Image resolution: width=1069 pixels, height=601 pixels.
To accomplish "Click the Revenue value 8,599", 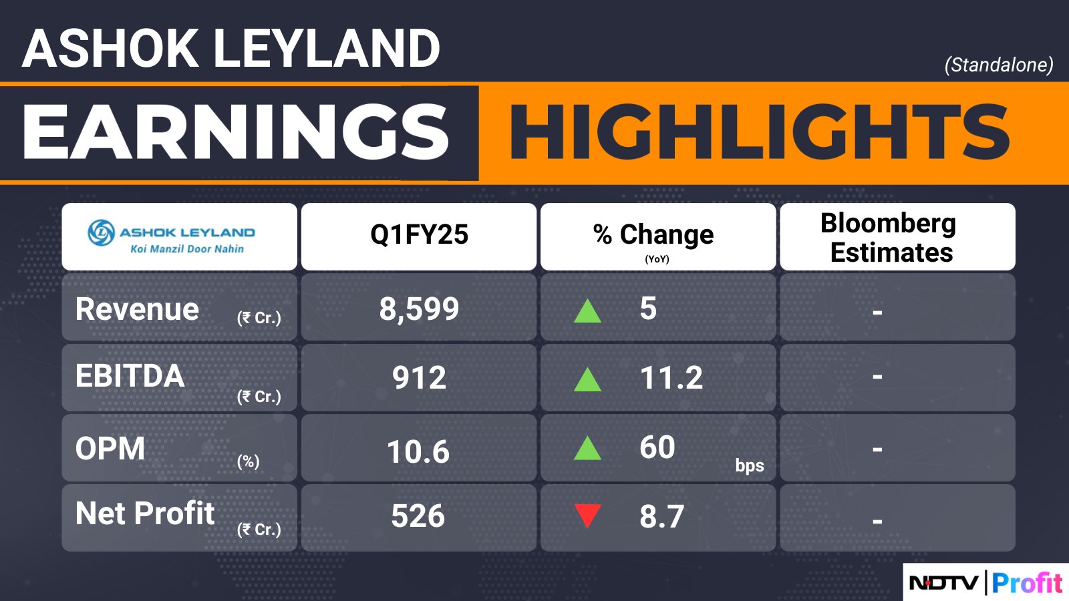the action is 419,309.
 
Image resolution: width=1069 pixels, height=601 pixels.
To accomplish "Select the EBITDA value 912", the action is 419,377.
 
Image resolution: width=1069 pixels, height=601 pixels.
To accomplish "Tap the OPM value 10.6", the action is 418,451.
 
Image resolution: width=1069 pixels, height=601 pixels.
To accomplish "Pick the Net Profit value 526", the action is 418,516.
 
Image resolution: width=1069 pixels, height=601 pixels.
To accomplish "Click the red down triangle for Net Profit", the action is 587,515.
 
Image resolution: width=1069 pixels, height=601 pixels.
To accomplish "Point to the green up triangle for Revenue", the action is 587,311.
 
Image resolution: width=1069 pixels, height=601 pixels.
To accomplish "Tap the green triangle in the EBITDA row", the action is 587,380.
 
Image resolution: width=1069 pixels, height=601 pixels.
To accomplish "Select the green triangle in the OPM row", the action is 587,448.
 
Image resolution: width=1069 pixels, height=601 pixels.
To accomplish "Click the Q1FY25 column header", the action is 419,234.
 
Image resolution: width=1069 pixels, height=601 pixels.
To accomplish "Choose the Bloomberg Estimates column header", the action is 889,237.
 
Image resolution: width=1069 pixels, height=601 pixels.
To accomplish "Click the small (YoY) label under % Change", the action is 657,259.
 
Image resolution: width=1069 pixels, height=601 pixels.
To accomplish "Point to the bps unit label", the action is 750,465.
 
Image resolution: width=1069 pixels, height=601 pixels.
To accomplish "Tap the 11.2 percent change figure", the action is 671,377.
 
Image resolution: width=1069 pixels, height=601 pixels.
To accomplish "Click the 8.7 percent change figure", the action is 662,516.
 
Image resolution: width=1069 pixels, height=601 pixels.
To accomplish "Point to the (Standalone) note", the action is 999,65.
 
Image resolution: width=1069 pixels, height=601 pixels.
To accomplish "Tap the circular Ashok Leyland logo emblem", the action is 101,232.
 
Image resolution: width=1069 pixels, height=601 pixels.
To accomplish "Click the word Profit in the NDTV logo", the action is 1027,583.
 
